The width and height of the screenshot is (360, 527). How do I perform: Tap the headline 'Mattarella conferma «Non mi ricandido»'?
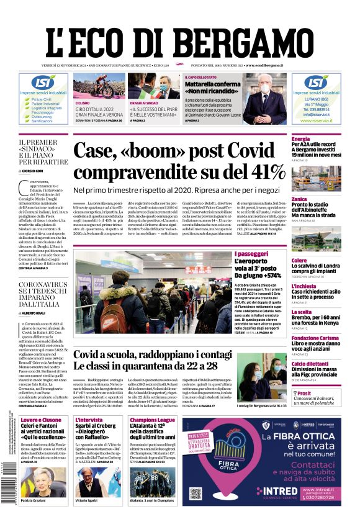[211, 88]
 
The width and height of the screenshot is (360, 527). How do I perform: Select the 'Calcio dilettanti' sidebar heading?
[311, 364]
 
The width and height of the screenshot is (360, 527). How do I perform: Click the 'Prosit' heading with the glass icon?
[304, 394]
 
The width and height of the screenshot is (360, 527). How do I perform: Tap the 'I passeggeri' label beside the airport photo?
[269, 254]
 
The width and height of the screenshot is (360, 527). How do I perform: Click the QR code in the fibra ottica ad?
[197, 493]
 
